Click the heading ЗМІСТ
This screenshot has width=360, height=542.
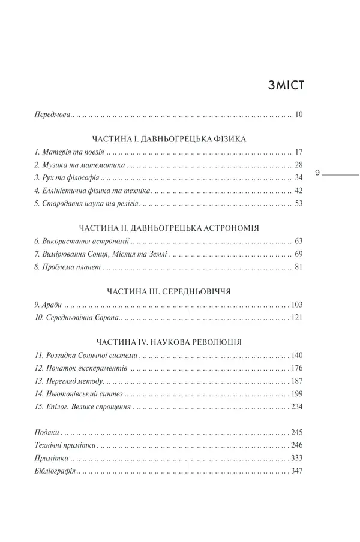point(286,85)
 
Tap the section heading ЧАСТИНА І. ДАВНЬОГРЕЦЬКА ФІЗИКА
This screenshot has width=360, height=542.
point(171,138)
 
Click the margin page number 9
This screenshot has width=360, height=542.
point(317,173)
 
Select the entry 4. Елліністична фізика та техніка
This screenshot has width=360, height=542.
point(92,191)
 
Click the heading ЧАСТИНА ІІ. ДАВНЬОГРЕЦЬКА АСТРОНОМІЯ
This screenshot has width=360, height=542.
point(171,229)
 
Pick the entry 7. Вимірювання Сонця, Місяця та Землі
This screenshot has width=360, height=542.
point(101,255)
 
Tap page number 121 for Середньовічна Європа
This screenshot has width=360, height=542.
point(298,318)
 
